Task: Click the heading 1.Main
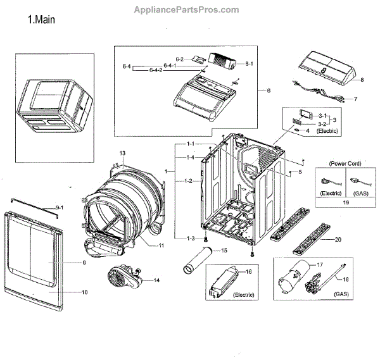[42, 20]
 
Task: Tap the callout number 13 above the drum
[122, 153]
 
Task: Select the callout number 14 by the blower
[156, 280]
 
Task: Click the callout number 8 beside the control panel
[362, 80]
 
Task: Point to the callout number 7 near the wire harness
[355, 99]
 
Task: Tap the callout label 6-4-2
[156, 70]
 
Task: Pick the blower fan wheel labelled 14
[120, 277]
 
